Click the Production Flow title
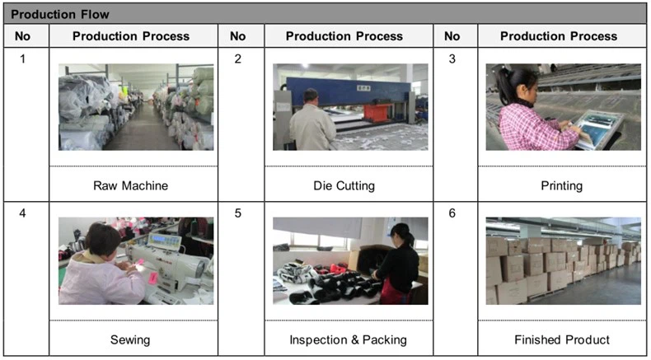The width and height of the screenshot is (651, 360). [60, 15]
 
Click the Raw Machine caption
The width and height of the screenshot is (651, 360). [130, 185]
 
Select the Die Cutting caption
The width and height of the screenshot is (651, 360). [344, 185]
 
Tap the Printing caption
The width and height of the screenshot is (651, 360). [562, 185]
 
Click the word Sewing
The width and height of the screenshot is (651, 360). [130, 340]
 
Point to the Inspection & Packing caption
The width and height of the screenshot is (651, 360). [348, 340]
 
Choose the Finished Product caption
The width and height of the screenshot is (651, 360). [562, 339]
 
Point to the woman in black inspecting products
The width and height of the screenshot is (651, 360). [396, 264]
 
